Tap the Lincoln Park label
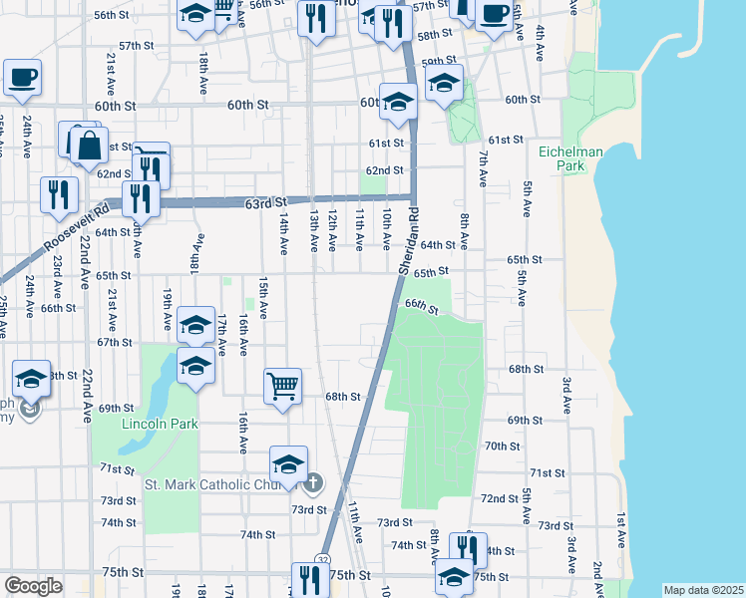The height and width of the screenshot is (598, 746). pyautogui.click(x=160, y=424)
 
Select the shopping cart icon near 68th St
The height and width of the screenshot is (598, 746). pyautogui.click(x=283, y=386)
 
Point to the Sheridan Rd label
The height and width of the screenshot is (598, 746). pyautogui.click(x=409, y=244)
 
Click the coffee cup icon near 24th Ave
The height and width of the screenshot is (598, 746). pyautogui.click(x=22, y=78)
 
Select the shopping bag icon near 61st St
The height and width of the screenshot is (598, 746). pyautogui.click(x=89, y=145)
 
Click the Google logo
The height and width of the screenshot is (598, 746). pyautogui.click(x=33, y=586)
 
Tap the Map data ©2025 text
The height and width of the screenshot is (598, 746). pyautogui.click(x=703, y=589)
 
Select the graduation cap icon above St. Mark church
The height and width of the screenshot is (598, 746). pyautogui.click(x=289, y=465)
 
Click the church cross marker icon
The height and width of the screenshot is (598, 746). pyautogui.click(x=313, y=483)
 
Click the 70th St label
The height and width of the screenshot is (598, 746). pyautogui.click(x=496, y=446)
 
